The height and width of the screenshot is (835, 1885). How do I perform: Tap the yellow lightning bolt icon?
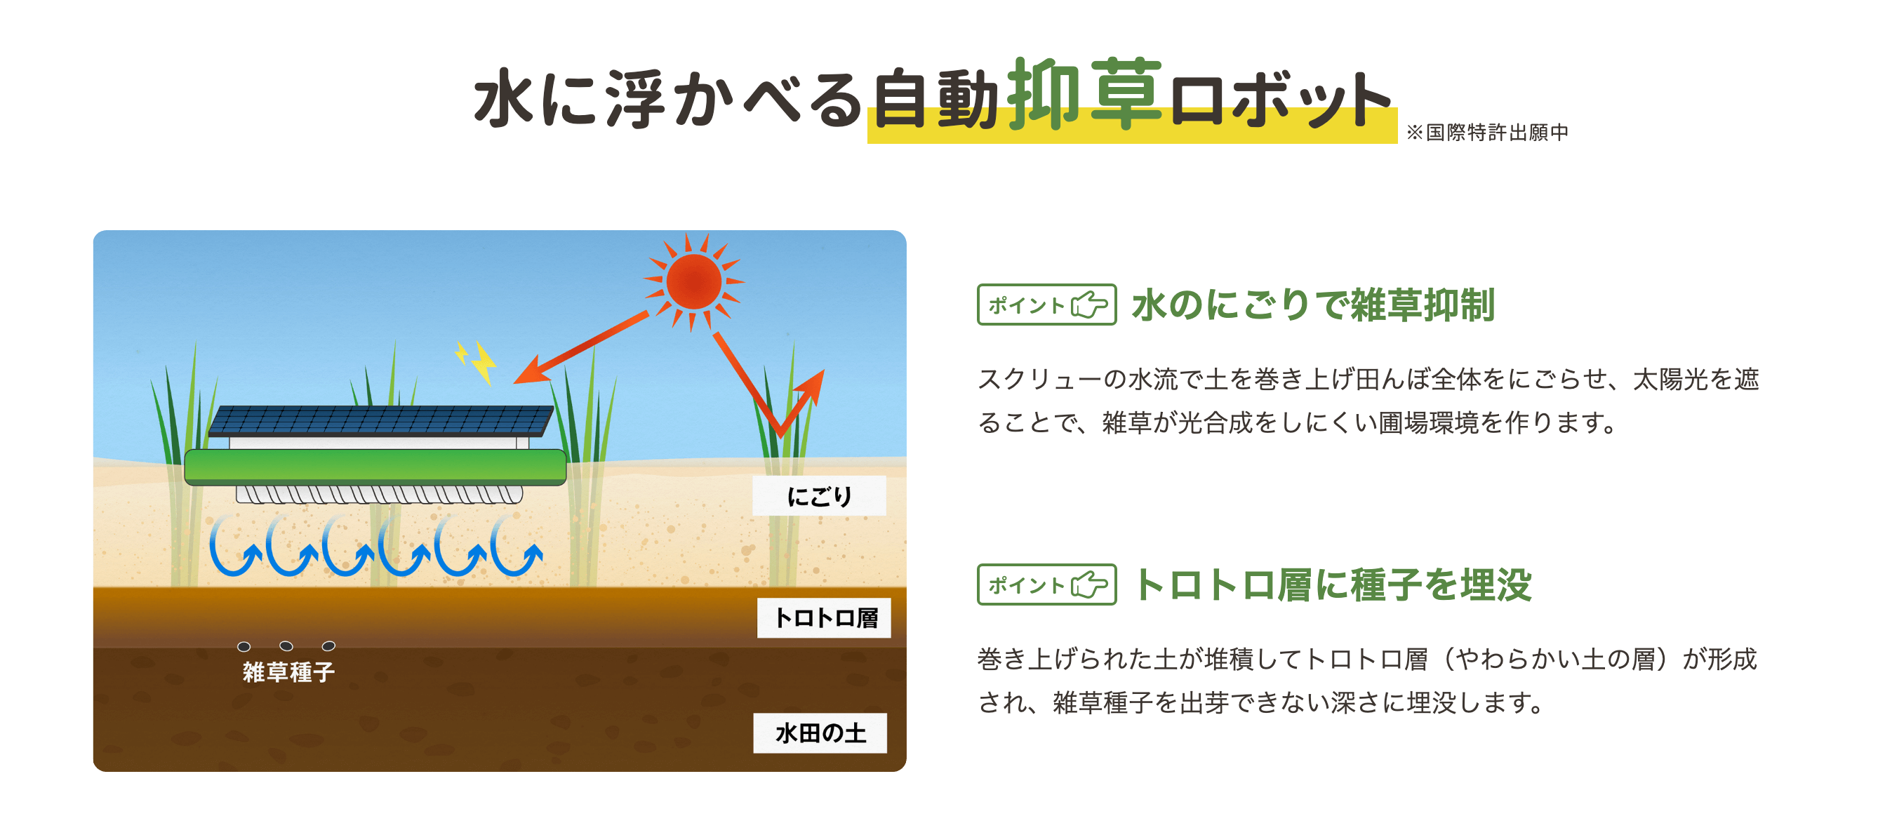click(x=477, y=361)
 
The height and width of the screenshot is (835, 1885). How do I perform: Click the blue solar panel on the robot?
click(x=380, y=421)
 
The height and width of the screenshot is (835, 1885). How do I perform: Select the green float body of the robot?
click(x=375, y=467)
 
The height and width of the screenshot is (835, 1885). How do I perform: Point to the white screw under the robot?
click(x=379, y=495)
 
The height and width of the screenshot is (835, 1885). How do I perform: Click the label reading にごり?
click(x=819, y=496)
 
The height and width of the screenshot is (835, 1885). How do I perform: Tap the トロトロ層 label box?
click(x=824, y=617)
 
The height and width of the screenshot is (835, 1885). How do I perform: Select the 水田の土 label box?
click(x=820, y=733)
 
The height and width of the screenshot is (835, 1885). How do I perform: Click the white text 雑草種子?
click(x=288, y=671)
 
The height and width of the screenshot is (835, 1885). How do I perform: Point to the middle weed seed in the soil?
click(x=286, y=646)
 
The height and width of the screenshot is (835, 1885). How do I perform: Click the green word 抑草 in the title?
click(x=1084, y=95)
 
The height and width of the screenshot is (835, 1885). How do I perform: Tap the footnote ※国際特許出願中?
click(x=1487, y=133)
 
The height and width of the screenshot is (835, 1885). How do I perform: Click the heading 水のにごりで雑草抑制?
click(x=1313, y=305)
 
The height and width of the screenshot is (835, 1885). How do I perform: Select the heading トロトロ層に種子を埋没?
click(x=1333, y=584)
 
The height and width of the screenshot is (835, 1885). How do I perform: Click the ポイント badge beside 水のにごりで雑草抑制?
click(x=1046, y=305)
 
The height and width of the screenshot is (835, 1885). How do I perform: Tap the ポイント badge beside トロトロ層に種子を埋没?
click(x=1046, y=584)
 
